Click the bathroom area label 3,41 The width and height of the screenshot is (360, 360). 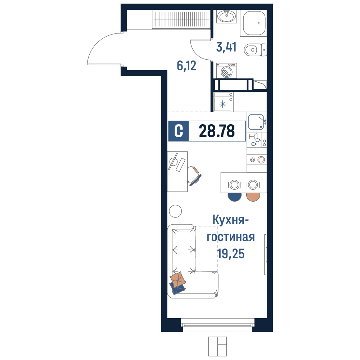point(226,47)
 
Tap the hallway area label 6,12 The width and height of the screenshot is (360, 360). point(186,66)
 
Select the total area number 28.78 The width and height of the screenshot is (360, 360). point(217,131)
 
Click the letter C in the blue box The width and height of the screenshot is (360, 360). point(179,131)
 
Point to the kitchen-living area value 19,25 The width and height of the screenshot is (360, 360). point(231,254)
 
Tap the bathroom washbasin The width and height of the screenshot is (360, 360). point(226,17)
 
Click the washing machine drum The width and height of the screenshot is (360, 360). point(226,72)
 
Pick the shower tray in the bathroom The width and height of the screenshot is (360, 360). point(253,23)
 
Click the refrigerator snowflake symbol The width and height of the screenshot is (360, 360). point(222,104)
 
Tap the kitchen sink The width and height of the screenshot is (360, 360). point(256,122)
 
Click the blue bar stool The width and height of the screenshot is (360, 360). point(235,197)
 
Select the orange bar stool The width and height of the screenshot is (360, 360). point(253,197)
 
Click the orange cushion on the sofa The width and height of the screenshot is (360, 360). point(178,279)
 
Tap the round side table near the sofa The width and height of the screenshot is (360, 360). point(175,211)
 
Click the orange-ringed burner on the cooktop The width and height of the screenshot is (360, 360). point(261,159)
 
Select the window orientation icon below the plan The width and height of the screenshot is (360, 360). point(217,346)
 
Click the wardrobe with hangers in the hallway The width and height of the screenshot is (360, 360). point(181,19)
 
